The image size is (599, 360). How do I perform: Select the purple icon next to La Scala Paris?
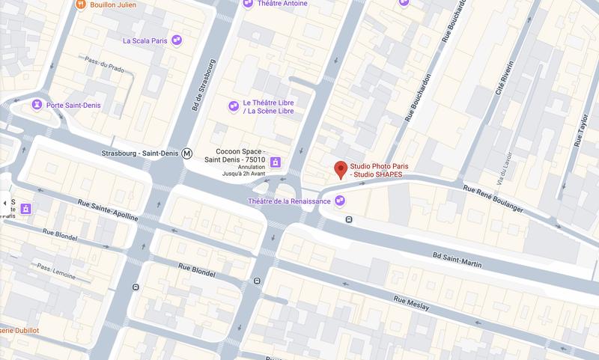coord(177,40)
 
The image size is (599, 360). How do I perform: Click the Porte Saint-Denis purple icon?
coord(36,105)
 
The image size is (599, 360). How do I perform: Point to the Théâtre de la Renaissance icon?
coord(341,201)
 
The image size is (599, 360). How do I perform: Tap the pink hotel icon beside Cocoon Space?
coord(276,162)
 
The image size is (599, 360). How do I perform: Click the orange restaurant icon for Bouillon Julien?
coord(81,4)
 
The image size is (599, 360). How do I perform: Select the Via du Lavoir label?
coord(492,168)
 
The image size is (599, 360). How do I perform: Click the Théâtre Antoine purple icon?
coord(249,4)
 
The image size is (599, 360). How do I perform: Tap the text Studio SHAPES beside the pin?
coord(377,174)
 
